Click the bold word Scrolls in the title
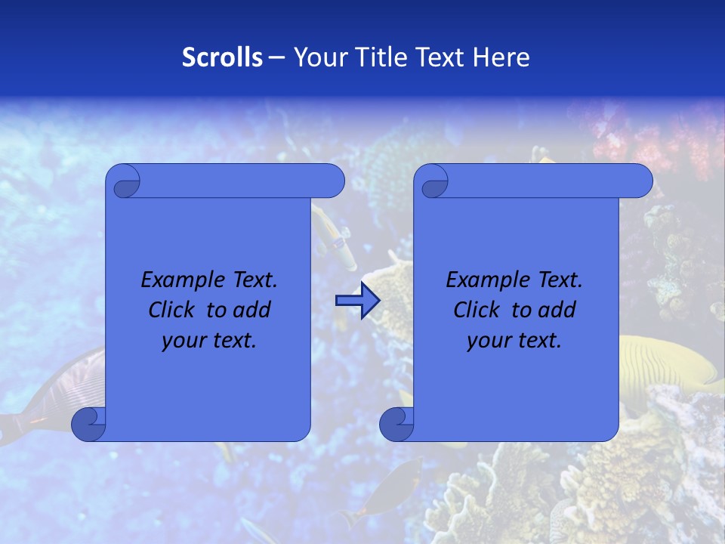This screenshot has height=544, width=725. (x=222, y=57)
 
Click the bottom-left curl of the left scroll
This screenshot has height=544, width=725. (x=88, y=425)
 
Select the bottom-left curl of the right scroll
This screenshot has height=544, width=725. (x=396, y=425)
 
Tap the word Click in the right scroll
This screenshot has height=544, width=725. (x=477, y=310)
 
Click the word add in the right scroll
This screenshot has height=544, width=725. (x=557, y=310)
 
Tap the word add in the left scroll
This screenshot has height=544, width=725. (x=252, y=310)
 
